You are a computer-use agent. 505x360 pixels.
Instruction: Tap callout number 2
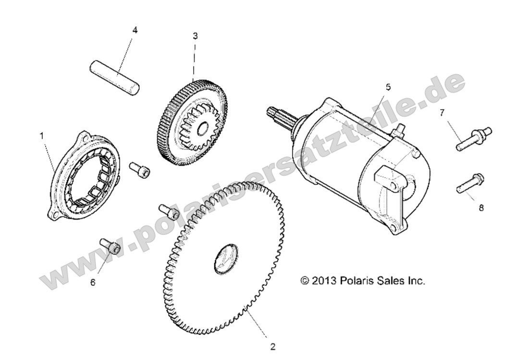(273, 347)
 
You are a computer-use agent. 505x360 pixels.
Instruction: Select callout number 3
(195, 36)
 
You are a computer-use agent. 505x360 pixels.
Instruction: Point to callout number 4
(135, 30)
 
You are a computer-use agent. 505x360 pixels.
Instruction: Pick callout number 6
(93, 283)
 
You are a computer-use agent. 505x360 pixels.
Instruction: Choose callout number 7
(442, 113)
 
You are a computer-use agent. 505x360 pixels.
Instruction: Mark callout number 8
(481, 208)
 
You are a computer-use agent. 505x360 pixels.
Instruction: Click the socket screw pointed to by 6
(111, 246)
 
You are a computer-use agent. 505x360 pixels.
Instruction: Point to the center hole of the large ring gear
(226, 259)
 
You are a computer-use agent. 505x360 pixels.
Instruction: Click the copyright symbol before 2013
(304, 280)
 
